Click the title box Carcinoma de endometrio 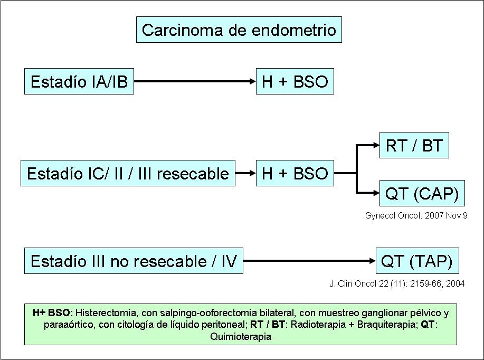(239, 30)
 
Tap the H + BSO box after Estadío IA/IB (295, 82)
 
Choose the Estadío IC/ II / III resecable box (128, 173)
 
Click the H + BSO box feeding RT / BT (295, 173)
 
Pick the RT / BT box (414, 145)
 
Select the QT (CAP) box (422, 194)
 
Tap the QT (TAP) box (417, 261)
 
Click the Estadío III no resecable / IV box (134, 261)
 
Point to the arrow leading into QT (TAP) (309, 261)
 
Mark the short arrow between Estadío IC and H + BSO (245, 173)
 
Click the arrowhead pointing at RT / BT (375, 146)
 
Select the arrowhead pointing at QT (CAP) (375, 194)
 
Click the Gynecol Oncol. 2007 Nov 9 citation (416, 216)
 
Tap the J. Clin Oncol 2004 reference (396, 283)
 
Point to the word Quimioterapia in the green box (240, 336)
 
